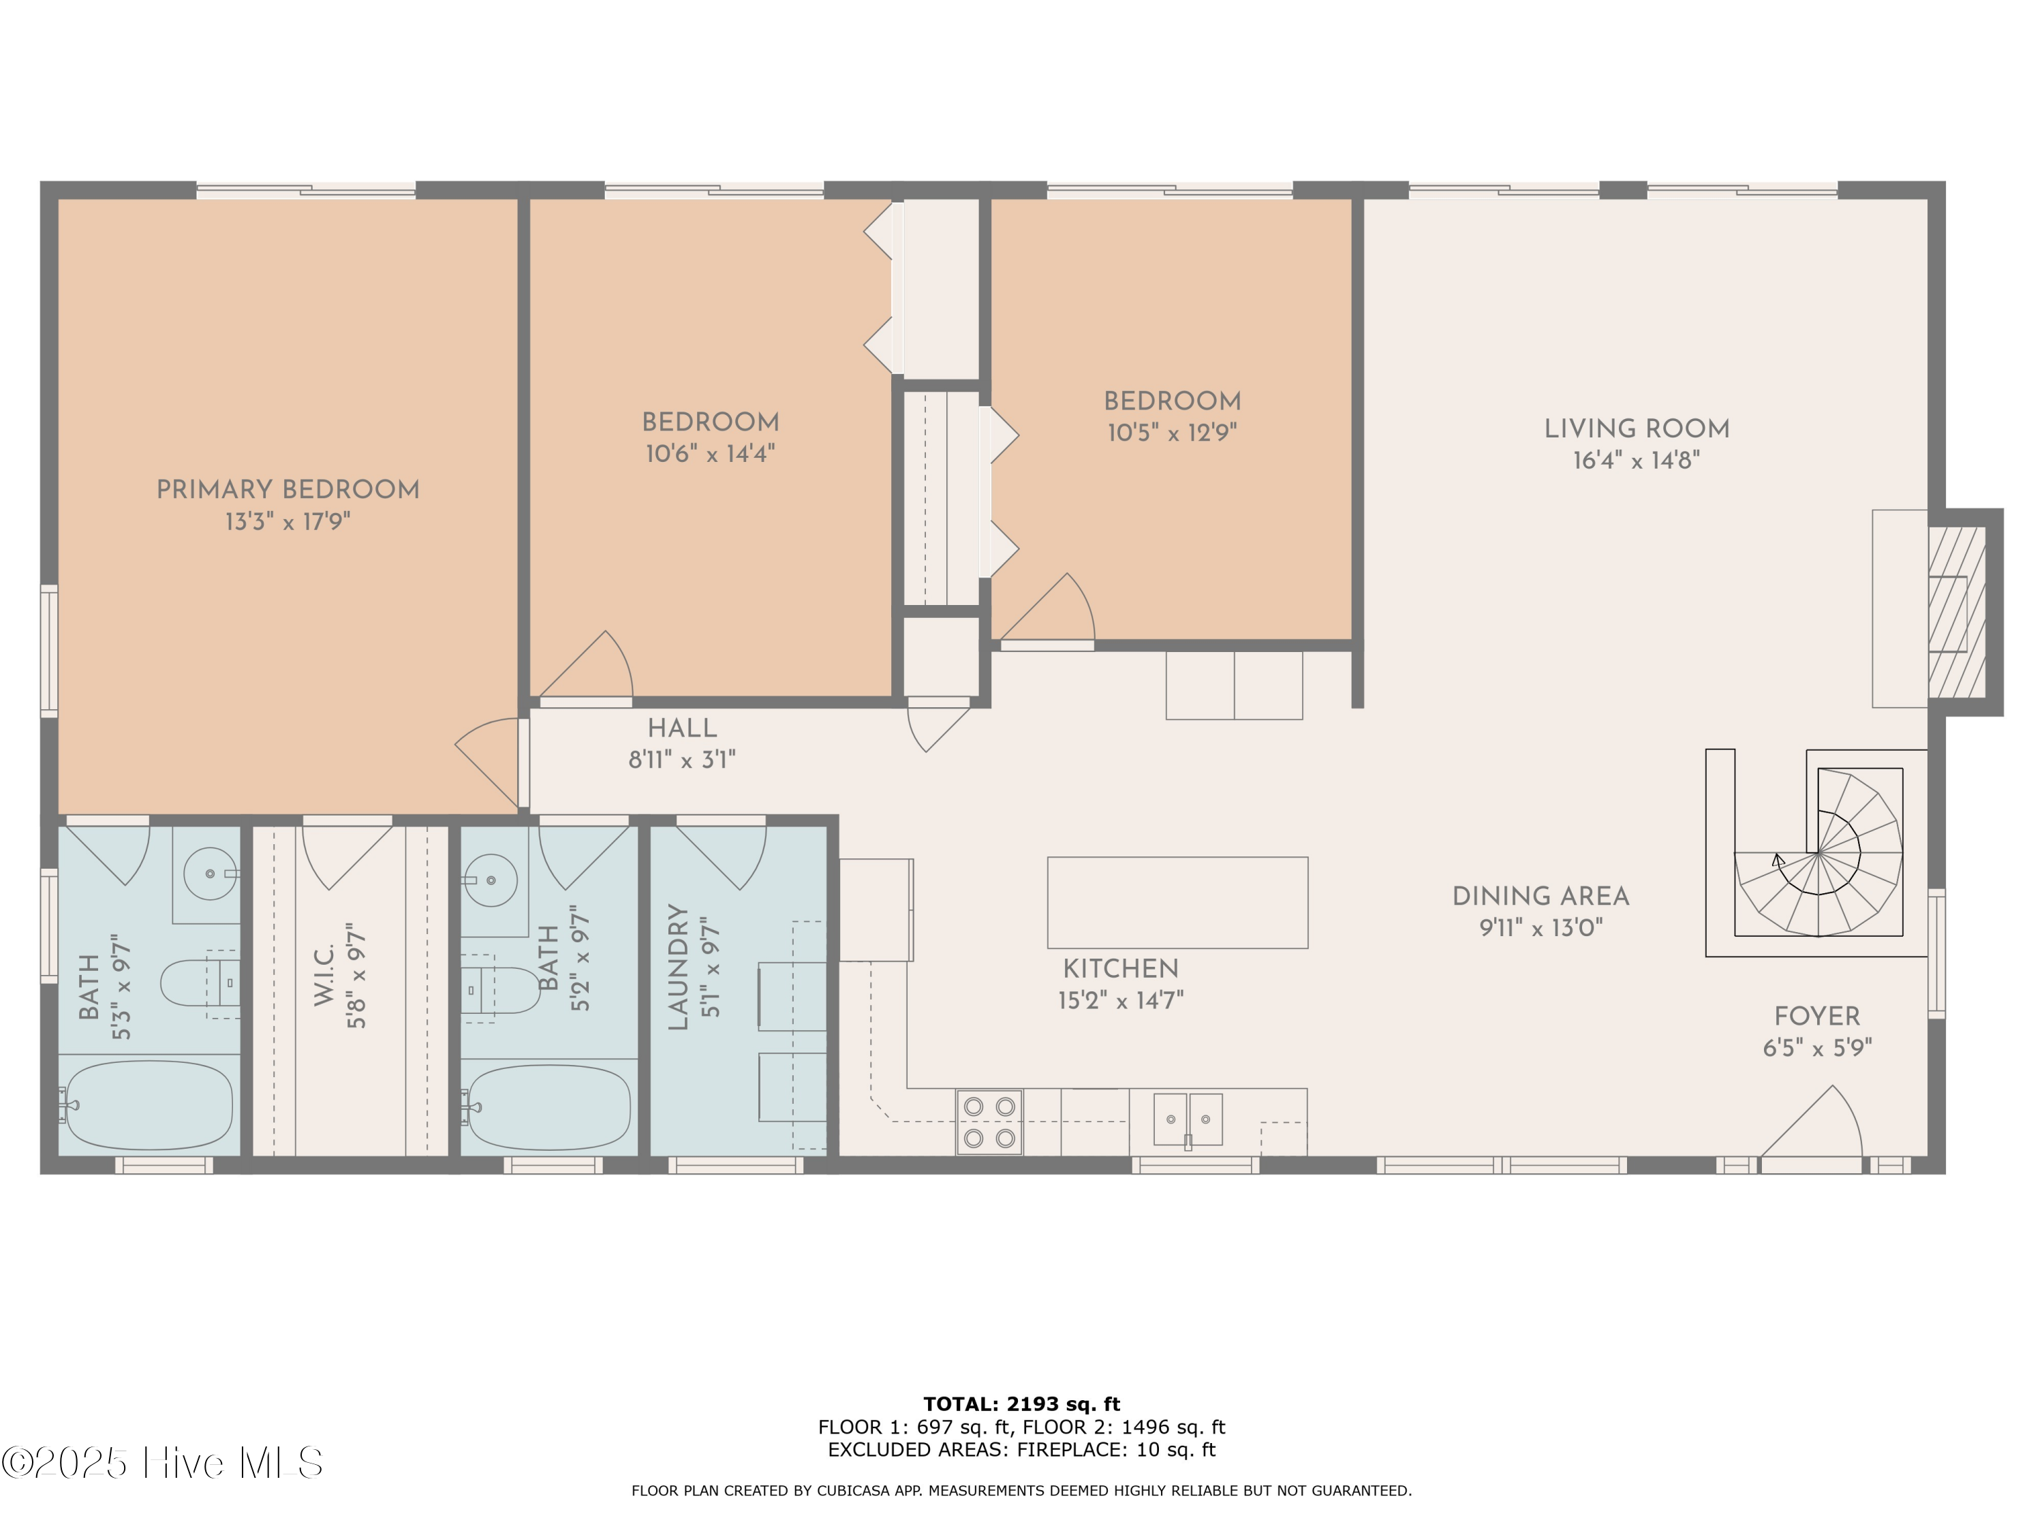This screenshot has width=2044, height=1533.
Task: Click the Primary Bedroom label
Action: coord(288,490)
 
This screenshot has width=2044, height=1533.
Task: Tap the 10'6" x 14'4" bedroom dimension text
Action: coord(710,454)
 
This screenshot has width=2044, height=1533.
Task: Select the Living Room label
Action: coord(1637,429)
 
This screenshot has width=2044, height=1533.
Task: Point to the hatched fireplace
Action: coord(1956,612)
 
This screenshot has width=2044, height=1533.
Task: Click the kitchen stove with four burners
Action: coord(989,1121)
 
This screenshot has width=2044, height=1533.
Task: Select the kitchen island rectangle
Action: coord(1177,902)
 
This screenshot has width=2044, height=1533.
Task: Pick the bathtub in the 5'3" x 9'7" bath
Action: coord(149,1104)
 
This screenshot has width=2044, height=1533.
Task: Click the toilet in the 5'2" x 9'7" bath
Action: coord(499,990)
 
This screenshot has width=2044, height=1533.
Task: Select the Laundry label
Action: coord(678,967)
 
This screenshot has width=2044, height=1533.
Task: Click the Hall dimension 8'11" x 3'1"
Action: coord(682,760)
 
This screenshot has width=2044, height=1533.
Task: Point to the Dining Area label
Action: coord(1540,897)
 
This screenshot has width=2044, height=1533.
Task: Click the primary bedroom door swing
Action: coord(488,760)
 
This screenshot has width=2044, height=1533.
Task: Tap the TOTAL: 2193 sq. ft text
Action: coord(1021,1404)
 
